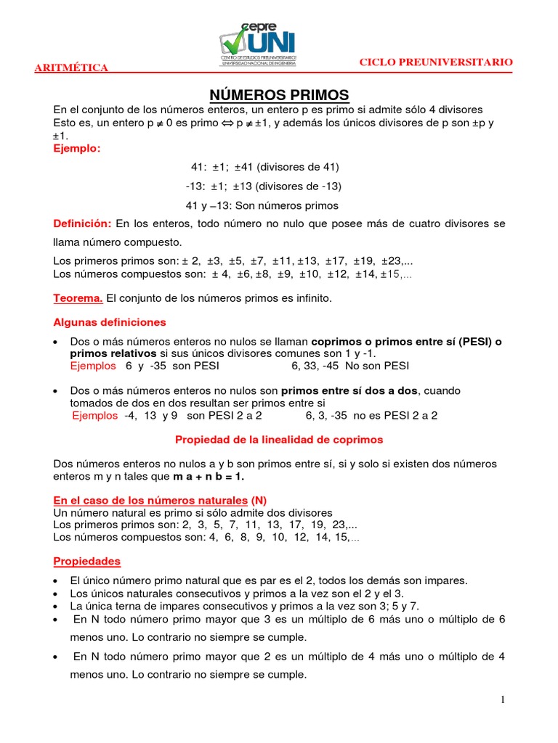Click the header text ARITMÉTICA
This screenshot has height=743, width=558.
72,68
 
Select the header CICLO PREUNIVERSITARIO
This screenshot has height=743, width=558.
436,62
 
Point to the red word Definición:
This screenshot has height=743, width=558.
83,223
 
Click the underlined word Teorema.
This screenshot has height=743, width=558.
79,297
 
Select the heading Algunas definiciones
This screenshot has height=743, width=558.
110,321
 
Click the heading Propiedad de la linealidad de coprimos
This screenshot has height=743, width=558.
279,439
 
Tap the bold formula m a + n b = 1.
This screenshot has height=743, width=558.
209,476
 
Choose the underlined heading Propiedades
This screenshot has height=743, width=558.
87,561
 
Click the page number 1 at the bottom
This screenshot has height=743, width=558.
501,699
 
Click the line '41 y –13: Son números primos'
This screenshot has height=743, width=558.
262,205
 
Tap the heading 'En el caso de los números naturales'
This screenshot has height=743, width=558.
150,500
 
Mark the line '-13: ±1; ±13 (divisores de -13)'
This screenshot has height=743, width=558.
263,186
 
